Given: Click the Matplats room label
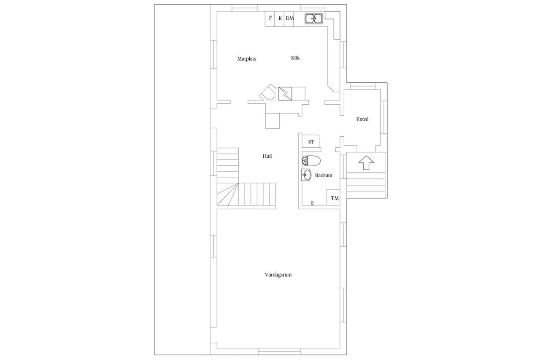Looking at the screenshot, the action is pyautogui.click(x=247, y=59).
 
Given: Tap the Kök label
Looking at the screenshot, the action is pyautogui.click(x=295, y=58).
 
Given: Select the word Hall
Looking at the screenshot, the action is pyautogui.click(x=267, y=156).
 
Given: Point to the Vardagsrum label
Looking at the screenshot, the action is pyautogui.click(x=278, y=275).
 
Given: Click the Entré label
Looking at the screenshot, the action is pyautogui.click(x=362, y=119).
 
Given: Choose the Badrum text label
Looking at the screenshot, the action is pyautogui.click(x=324, y=176).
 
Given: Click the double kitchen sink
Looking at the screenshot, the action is pyautogui.click(x=314, y=19).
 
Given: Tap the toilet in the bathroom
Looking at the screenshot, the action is pyautogui.click(x=311, y=161).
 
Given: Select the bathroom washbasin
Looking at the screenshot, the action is pyautogui.click(x=306, y=175).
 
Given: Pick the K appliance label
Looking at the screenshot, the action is pyautogui.click(x=280, y=18).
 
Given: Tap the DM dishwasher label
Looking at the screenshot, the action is pyautogui.click(x=290, y=18).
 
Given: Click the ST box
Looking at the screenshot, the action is pyautogui.click(x=311, y=141).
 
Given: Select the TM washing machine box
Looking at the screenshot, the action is pyautogui.click(x=333, y=197).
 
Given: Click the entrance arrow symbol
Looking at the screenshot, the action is pyautogui.click(x=366, y=162).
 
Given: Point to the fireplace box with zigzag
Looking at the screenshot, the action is pyautogui.click(x=285, y=94).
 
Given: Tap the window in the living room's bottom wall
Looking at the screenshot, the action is pyautogui.click(x=279, y=352).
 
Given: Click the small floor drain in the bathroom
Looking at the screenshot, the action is pyautogui.click(x=313, y=203).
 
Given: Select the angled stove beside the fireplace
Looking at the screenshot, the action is pyautogui.click(x=268, y=92).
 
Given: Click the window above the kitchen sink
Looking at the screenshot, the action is pyautogui.click(x=313, y=8).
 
